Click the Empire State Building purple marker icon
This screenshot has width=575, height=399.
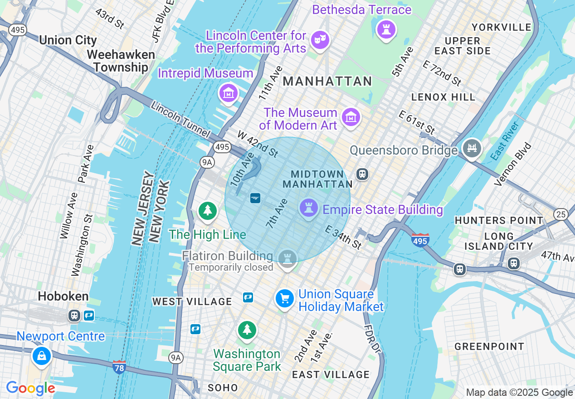pyautogui.click(x=309, y=209)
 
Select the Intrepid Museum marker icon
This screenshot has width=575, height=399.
pyautogui.click(x=229, y=93)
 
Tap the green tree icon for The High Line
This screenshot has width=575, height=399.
pyautogui.click(x=208, y=211)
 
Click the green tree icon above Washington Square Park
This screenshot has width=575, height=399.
pyautogui.click(x=247, y=330)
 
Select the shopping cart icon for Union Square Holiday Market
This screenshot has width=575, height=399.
pyautogui.click(x=285, y=299)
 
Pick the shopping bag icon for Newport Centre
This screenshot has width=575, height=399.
pyautogui.click(x=41, y=356)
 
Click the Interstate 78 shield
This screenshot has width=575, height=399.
pyautogui.click(x=119, y=366)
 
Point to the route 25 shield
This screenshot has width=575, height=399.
pyautogui.click(x=561, y=214)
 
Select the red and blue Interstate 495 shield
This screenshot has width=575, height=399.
pyautogui.click(x=420, y=240)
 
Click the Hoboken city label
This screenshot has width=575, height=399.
pyautogui.click(x=63, y=297)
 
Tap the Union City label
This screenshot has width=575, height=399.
pyautogui.click(x=68, y=40)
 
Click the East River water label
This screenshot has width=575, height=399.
pyautogui.click(x=505, y=141)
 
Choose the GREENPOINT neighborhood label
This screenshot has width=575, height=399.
pyautogui.click(x=489, y=347)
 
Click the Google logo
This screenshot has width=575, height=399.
pyautogui.click(x=30, y=389)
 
